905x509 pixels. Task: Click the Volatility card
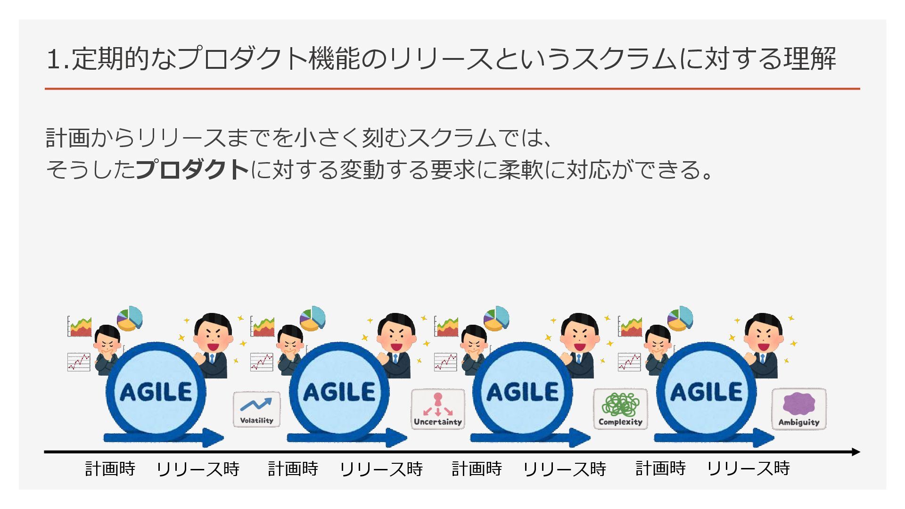click(x=256, y=409)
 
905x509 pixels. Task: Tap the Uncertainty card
click(x=438, y=409)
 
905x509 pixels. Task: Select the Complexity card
click(x=620, y=409)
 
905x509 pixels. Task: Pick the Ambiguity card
click(x=799, y=409)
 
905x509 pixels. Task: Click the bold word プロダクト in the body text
click(x=192, y=169)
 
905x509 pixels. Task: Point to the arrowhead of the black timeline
click(x=856, y=452)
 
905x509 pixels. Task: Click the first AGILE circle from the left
click(x=156, y=391)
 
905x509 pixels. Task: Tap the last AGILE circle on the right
click(x=706, y=391)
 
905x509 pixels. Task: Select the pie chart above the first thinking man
click(x=130, y=318)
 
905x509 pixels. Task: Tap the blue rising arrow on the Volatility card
click(x=256, y=404)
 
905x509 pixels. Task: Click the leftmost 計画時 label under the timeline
click(x=110, y=468)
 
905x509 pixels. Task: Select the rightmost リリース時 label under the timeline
click(x=748, y=468)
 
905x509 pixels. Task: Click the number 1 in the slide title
click(x=53, y=59)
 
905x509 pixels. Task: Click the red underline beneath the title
click(x=452, y=89)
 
